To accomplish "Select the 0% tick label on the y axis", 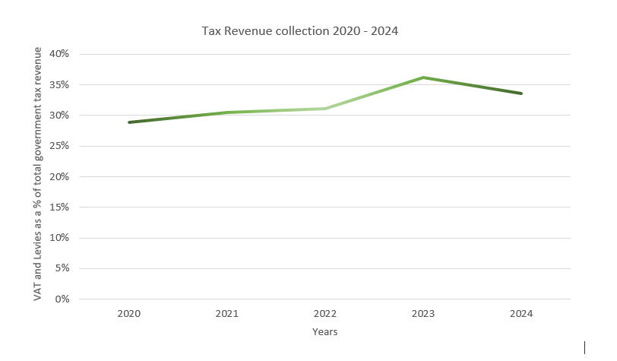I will point(62,299).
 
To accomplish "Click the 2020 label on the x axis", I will point(129,313).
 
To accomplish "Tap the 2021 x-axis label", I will point(227,313).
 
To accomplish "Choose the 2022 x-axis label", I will point(325,313).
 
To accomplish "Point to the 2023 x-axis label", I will point(423,313).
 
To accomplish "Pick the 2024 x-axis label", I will point(521,313).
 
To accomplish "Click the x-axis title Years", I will point(324,332).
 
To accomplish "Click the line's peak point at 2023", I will point(423,78).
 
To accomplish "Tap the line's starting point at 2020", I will point(129,122).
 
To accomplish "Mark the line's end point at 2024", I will point(521,93).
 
